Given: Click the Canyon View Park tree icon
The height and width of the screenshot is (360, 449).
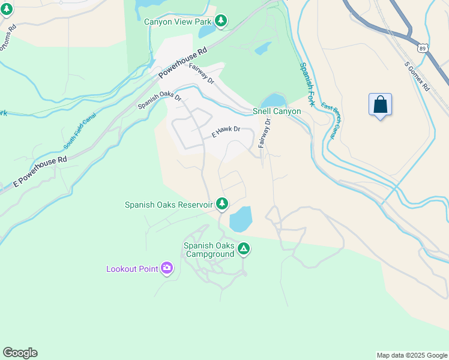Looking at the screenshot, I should [221, 22].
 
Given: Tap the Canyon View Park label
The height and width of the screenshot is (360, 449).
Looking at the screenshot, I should [178, 22].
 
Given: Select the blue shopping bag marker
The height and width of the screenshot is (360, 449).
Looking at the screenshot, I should [380, 105].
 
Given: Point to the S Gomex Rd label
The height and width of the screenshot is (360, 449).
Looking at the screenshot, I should [417, 76].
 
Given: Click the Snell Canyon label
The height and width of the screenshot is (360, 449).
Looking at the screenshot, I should [277, 112].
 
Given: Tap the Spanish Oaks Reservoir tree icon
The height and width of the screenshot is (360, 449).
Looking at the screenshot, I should [222, 204].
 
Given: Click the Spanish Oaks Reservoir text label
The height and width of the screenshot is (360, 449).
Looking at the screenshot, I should [169, 205].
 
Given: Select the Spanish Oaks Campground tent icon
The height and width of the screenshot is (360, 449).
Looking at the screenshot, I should [243, 248].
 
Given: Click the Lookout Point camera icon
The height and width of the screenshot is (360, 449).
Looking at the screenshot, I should [167, 268].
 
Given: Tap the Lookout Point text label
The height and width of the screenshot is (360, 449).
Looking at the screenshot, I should [132, 269].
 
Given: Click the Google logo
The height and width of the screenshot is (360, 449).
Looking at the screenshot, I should [20, 353].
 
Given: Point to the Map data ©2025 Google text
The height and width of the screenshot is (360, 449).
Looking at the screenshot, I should [412, 355].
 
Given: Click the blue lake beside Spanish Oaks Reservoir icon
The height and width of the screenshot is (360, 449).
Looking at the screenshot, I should [240, 220].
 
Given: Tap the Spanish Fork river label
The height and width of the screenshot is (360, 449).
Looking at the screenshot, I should [307, 85].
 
